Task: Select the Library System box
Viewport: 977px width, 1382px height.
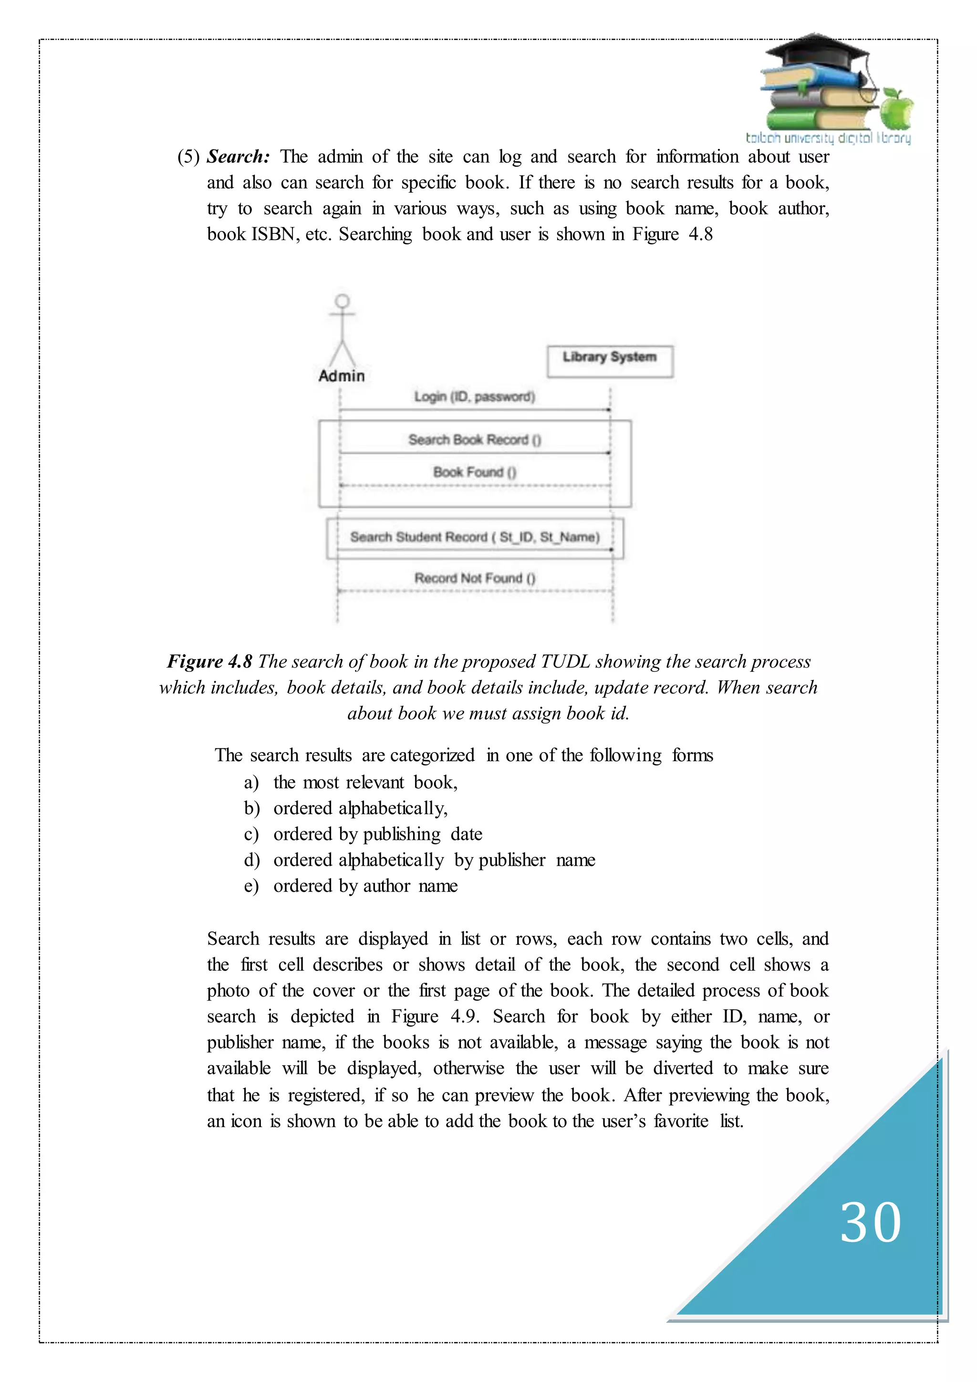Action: pos(609,361)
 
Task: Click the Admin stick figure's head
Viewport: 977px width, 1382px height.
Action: pos(343,301)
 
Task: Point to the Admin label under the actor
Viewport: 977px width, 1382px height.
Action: pos(341,376)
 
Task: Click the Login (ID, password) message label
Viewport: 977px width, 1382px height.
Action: pos(474,396)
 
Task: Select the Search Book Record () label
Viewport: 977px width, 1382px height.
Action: pos(474,440)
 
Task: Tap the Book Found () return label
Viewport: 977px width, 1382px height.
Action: pos(474,472)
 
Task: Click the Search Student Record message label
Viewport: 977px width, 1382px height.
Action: pos(474,536)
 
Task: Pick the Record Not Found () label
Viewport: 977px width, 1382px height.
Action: pos(474,578)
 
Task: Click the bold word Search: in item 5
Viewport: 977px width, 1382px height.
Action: pos(238,157)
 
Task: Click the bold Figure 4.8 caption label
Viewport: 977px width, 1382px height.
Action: pos(209,661)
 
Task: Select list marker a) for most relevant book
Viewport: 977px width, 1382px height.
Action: pos(251,783)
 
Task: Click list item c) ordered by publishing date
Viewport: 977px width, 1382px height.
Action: pos(377,834)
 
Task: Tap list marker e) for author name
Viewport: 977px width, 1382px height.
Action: pos(251,886)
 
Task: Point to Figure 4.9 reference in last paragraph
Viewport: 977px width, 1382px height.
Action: pos(435,1016)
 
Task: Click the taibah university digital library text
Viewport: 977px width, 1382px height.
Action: pos(828,138)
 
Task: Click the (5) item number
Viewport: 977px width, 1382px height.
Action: pos(188,157)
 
